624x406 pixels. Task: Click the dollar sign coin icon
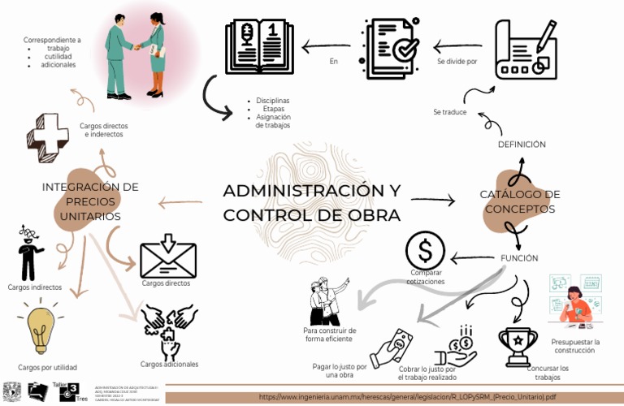click(426, 248)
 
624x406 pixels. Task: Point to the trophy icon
click(518, 345)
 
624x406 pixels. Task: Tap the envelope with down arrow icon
click(168, 257)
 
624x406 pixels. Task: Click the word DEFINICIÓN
click(521, 145)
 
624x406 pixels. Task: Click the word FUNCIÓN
click(518, 258)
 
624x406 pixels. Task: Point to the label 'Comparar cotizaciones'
click(426, 277)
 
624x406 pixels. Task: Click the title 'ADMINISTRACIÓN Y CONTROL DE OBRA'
click(312, 203)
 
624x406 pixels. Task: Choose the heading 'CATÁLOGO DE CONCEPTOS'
click(520, 202)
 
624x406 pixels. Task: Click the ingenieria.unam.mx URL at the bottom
click(407, 397)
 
